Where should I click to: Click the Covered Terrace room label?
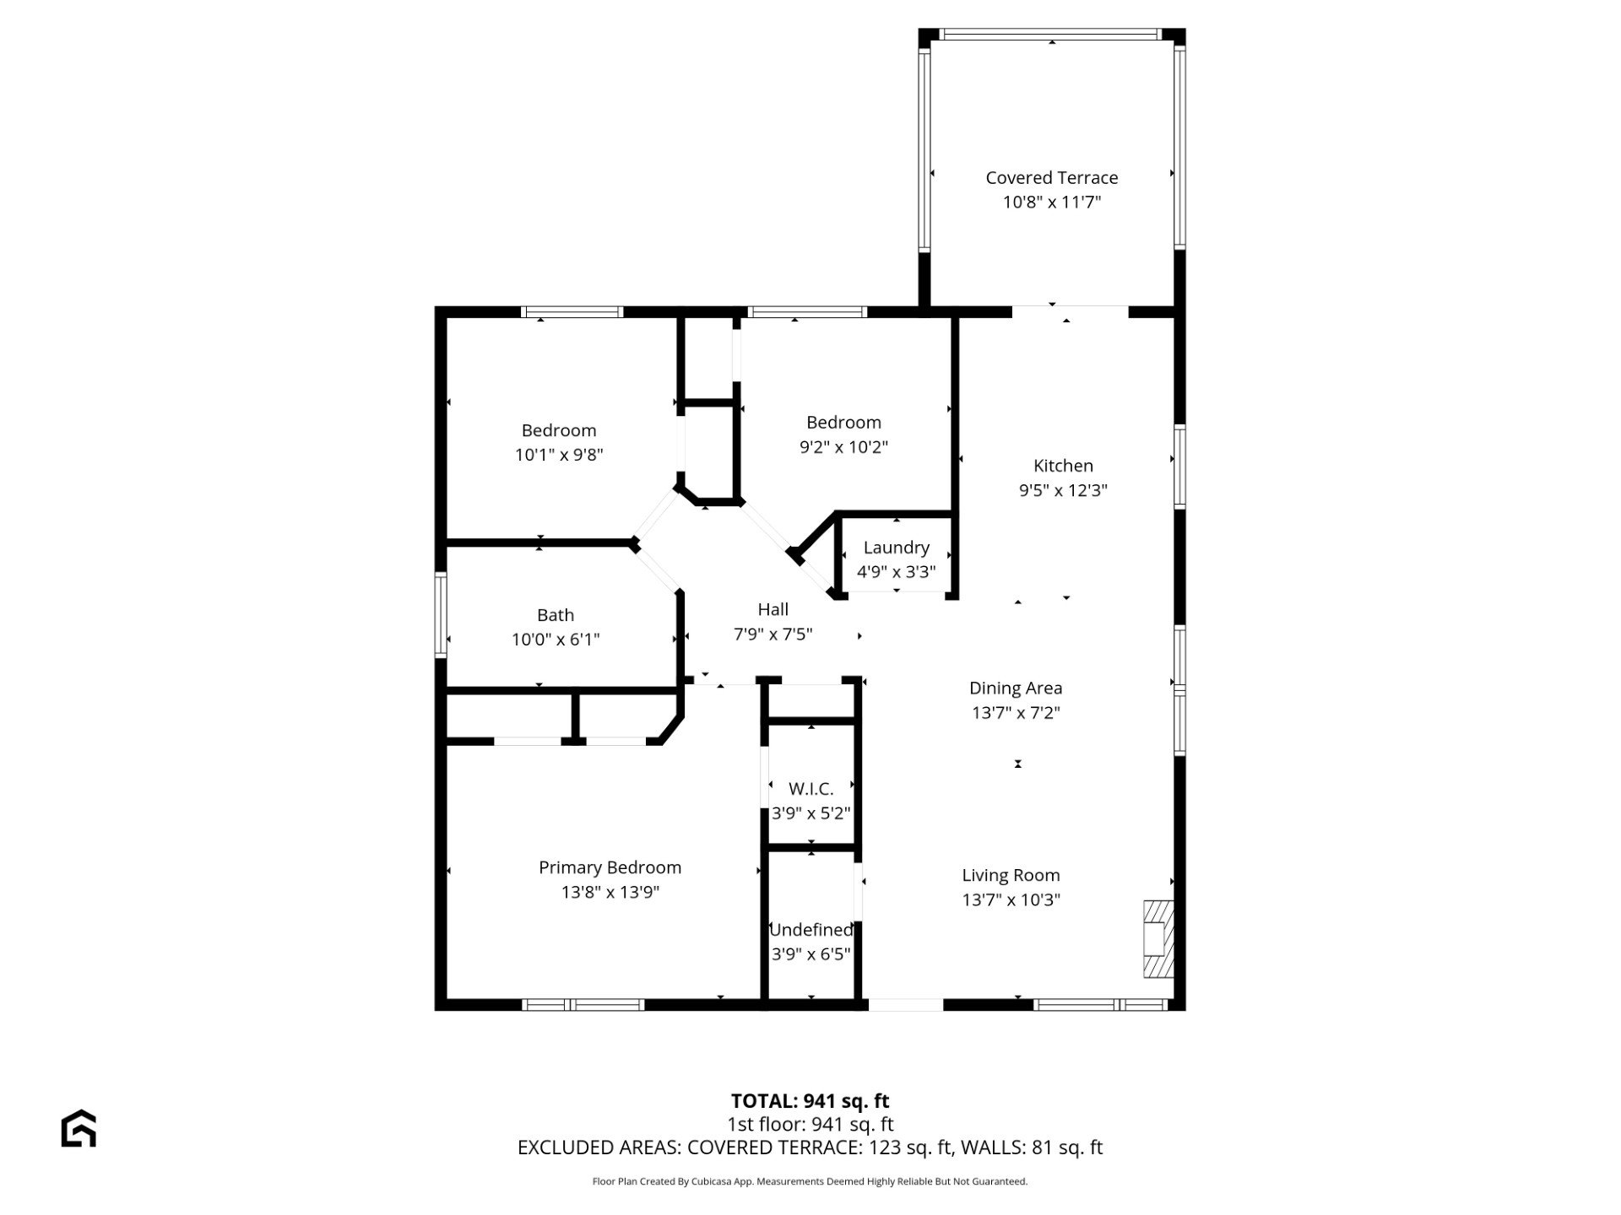1051,178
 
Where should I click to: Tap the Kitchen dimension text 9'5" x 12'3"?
1063,490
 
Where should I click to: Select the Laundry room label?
896,548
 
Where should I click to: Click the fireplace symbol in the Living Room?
1157,939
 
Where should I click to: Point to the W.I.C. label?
810,789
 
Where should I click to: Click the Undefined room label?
810,930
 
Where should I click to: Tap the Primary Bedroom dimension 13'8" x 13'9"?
610,892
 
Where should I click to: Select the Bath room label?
555,615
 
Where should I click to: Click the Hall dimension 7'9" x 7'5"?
773,634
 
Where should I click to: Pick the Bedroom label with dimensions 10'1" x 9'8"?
558,430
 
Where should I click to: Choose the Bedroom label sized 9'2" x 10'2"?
843,423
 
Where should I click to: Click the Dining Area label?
1015,688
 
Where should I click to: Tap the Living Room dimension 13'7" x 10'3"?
1011,899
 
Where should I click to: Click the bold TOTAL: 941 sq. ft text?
810,1100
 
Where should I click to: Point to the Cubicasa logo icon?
79,1128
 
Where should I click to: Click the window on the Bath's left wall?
441,614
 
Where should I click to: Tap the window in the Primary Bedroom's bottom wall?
583,1004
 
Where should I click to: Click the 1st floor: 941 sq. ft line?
810,1124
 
